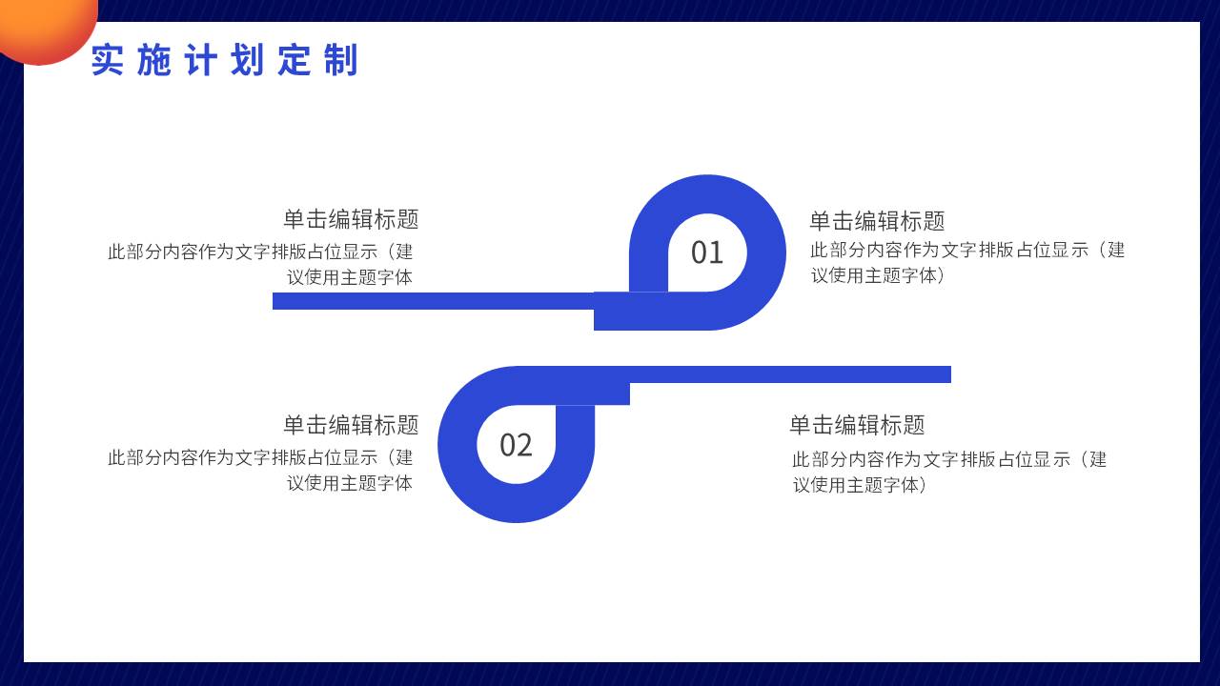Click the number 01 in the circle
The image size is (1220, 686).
(x=707, y=252)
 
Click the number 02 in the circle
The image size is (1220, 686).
(x=516, y=445)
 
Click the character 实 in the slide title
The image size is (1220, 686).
(x=108, y=60)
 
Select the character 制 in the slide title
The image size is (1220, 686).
(x=341, y=60)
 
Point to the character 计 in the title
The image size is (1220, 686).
(x=201, y=60)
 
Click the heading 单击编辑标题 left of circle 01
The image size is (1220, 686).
(x=351, y=219)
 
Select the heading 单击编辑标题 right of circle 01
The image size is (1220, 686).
(x=877, y=221)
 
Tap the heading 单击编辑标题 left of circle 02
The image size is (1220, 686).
(x=351, y=425)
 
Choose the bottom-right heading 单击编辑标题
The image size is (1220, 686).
(x=857, y=425)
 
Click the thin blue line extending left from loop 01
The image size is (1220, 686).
(x=433, y=301)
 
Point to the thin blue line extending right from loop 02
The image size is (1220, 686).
(x=790, y=374)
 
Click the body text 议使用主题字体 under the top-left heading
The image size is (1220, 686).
(x=350, y=277)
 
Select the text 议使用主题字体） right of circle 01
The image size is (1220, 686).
(x=878, y=275)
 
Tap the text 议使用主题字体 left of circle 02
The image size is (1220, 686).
(x=350, y=483)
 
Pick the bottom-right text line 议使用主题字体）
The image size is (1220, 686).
(x=860, y=485)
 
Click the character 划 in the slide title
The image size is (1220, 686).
(x=247, y=60)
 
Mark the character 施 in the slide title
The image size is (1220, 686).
(x=154, y=60)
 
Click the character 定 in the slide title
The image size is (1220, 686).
(x=295, y=60)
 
